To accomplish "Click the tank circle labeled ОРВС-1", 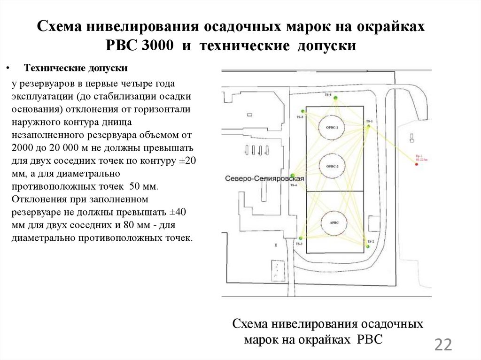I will coord(332,127).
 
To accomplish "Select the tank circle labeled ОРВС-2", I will coord(332,166).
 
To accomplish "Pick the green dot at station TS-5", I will coord(303,112).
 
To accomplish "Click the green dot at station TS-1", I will coord(369,126).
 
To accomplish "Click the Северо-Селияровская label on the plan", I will coord(265,179).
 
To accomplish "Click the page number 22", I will coord(443,345).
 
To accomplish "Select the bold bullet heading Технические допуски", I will coord(76,68).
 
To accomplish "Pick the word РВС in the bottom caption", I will coord(370,339).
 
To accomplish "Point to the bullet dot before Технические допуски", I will coord(8,69).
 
